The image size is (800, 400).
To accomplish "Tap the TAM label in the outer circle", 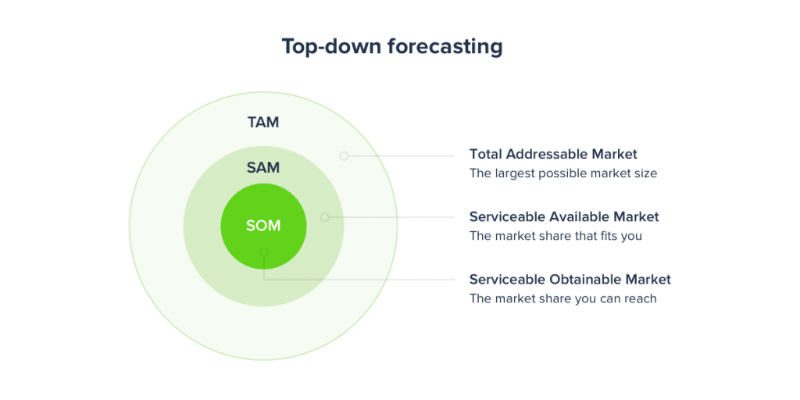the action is (263, 123).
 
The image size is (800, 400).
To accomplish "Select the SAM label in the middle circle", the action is (263, 167).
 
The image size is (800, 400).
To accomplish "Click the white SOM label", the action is (263, 226).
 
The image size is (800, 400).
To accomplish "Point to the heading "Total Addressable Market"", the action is (553, 154).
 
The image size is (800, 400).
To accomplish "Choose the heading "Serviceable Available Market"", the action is (564, 217).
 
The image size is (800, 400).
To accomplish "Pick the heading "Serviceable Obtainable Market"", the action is (570, 280).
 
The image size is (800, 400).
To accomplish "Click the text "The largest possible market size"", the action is (563, 173).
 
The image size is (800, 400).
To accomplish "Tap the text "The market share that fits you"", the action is (555, 236).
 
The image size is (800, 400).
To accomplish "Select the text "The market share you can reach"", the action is (562, 299).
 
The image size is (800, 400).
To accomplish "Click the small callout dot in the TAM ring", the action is (344, 155).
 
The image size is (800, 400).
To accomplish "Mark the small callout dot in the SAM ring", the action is (324, 217).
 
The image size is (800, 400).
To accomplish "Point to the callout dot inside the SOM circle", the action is (264, 252).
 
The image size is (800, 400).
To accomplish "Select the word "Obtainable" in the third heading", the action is (590, 280).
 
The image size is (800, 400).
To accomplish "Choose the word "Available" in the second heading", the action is (580, 217).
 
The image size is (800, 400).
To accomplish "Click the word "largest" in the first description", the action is (512, 173).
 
